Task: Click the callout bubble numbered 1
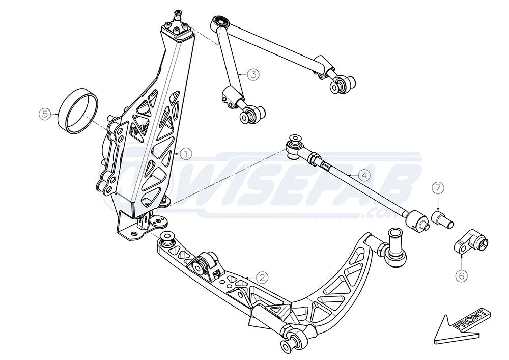(186, 153)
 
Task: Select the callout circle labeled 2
(261, 277)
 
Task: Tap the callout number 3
(253, 74)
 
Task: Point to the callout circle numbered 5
(46, 114)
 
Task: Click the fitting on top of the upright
(179, 15)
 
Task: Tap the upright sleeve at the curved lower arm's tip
(394, 239)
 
